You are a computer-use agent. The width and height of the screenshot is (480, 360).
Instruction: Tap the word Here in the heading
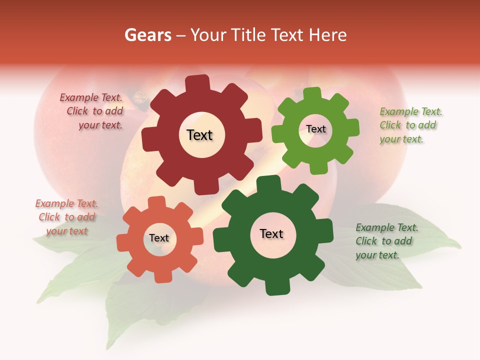tap(328, 35)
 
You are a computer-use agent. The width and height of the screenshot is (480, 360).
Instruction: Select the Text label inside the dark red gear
tap(199, 135)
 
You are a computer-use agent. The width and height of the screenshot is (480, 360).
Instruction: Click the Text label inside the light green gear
tap(315, 129)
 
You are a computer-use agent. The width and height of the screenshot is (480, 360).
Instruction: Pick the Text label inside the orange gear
tap(159, 238)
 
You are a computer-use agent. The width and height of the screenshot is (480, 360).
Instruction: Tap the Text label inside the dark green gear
tap(271, 233)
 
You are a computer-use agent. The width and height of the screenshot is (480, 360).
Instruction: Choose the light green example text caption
tap(410, 125)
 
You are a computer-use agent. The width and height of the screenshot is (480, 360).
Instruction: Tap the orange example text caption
tap(66, 217)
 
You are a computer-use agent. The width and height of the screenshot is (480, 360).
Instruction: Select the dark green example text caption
tap(386, 241)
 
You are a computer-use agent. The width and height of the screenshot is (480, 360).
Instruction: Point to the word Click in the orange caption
tap(49, 217)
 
